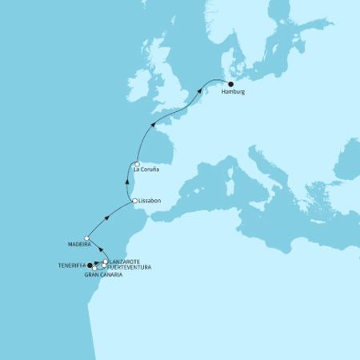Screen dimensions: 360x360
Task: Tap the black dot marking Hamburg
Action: [230, 84]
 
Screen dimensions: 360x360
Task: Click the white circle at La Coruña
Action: [137, 165]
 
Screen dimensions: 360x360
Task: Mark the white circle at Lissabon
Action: [134, 201]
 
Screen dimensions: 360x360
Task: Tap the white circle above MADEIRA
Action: [86, 238]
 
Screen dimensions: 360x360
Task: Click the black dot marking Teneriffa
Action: [90, 266]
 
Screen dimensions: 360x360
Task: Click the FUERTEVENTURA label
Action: [129, 267]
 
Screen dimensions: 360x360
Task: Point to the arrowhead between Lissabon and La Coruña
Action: [128, 182]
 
